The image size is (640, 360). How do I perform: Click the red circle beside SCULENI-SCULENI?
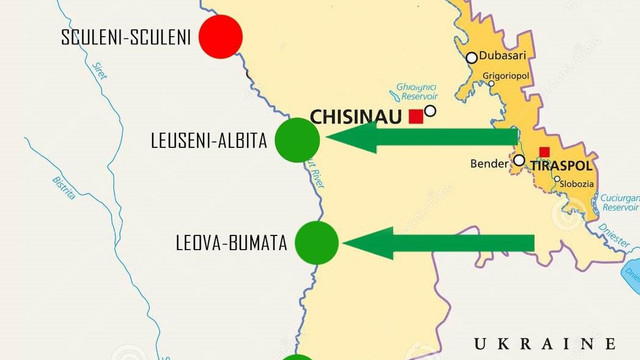coord(221,38)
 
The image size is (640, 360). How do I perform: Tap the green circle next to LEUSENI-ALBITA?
coord(297,140)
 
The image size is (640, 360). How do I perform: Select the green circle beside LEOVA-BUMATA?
coord(317,242)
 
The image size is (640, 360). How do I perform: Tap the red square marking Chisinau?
coord(416,117)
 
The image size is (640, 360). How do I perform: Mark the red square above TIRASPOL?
coord(544,152)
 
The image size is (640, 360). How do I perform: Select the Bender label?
coord(489,163)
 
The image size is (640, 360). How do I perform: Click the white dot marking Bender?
coord(519,160)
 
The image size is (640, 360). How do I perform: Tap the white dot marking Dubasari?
coord(472,57)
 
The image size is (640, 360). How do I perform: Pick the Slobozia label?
coord(576,183)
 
